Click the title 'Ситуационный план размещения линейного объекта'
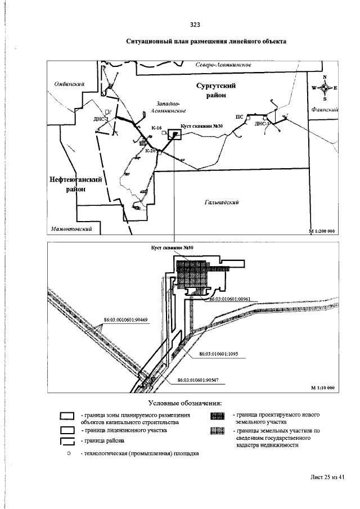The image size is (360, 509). [x=206, y=42]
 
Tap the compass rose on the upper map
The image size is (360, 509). [x=325, y=87]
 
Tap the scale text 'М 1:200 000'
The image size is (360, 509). [x=322, y=231]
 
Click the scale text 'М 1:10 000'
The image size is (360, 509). [x=322, y=388]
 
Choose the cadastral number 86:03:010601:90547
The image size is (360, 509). [x=197, y=381]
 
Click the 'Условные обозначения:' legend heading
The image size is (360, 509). [x=185, y=403]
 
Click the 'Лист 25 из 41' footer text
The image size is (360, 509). [x=327, y=477]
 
